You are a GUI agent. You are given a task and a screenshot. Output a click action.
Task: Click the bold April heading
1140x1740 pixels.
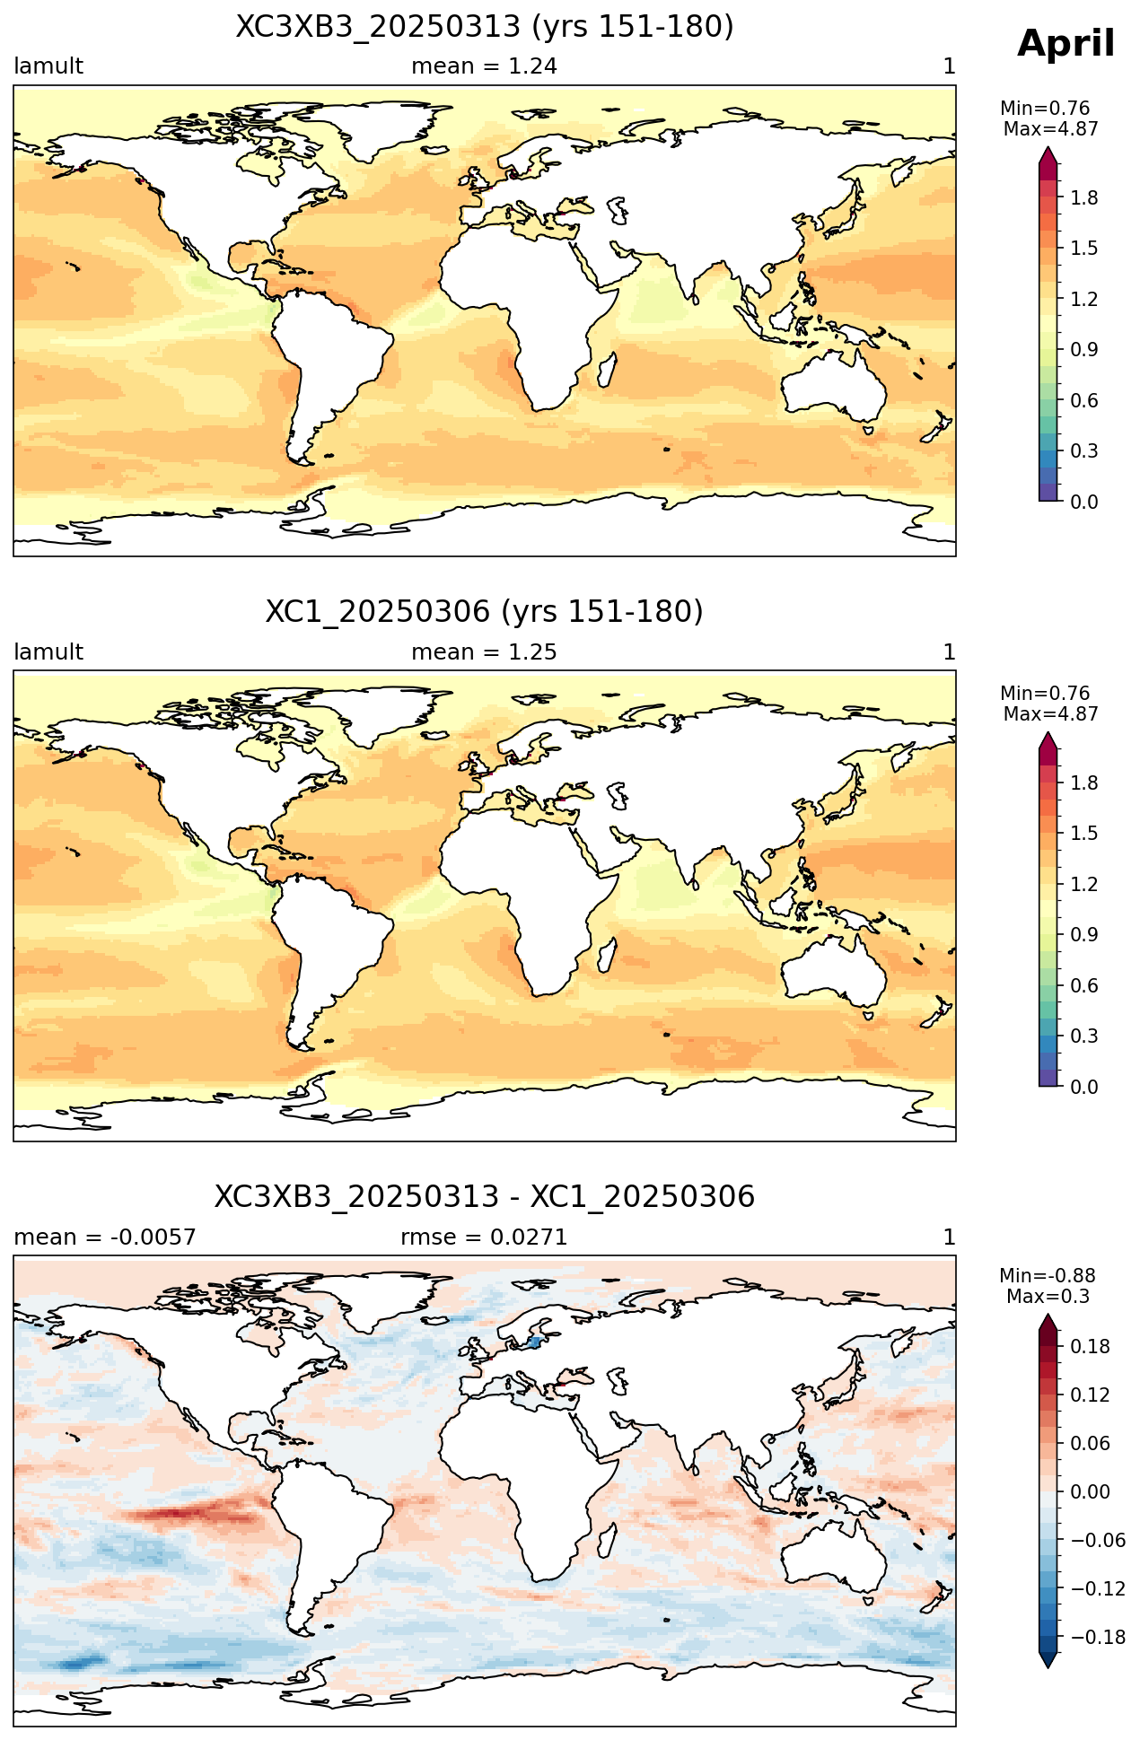tap(1065, 44)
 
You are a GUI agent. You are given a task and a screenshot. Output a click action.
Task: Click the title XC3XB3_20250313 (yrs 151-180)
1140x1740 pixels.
tap(485, 27)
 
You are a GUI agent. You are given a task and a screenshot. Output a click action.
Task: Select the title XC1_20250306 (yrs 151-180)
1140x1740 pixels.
tap(485, 612)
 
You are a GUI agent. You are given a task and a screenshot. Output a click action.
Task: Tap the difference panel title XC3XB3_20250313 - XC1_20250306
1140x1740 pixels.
tap(485, 1197)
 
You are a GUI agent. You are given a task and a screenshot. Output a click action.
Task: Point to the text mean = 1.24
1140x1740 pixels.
tap(484, 66)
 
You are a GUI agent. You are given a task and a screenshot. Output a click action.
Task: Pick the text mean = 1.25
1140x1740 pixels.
tap(484, 652)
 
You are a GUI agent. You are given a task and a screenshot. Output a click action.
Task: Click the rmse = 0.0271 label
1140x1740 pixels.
tap(484, 1237)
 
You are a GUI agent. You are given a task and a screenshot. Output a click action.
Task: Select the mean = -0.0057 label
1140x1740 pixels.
tap(105, 1237)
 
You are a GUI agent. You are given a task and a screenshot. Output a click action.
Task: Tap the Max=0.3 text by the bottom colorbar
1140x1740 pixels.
tap(1048, 1297)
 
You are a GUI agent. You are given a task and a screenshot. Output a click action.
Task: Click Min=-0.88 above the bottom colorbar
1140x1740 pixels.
tap(1048, 1276)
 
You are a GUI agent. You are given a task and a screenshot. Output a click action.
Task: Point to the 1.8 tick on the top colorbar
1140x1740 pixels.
tap(1084, 197)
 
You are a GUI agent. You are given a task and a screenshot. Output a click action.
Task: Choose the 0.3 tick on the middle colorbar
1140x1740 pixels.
tap(1084, 1036)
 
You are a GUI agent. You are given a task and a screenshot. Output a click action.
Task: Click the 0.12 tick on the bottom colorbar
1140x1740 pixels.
tap(1090, 1395)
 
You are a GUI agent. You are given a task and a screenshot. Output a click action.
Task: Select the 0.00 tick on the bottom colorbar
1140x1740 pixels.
tap(1090, 1492)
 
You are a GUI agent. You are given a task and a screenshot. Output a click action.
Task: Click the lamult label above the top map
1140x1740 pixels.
tap(48, 66)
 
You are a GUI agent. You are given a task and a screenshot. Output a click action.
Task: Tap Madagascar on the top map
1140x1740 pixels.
tap(608, 370)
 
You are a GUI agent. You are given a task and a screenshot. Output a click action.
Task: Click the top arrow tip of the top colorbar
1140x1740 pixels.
tap(1048, 147)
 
